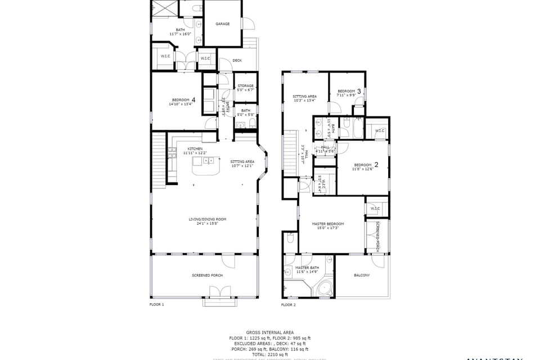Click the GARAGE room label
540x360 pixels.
[223, 24]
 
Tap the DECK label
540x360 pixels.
[237, 60]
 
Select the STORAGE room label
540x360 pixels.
[245, 86]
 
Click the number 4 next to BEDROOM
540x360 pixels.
[193, 99]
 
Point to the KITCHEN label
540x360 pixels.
[187, 149]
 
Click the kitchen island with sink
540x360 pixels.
[206, 165]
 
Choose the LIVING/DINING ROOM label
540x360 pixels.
[203, 219]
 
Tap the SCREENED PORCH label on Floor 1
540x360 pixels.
[207, 275]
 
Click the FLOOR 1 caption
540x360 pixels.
[156, 304]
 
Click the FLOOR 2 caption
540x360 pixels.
[288, 304]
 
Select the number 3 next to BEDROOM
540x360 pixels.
[359, 91]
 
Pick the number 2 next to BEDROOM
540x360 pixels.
[376, 164]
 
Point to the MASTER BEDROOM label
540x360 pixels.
[328, 224]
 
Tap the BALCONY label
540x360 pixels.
[362, 275]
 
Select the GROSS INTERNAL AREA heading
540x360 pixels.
[269, 332]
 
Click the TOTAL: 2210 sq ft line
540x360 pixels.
[269, 354]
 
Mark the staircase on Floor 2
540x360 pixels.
[290, 152]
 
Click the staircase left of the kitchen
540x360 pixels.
[159, 160]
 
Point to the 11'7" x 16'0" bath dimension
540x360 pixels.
[181, 34]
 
